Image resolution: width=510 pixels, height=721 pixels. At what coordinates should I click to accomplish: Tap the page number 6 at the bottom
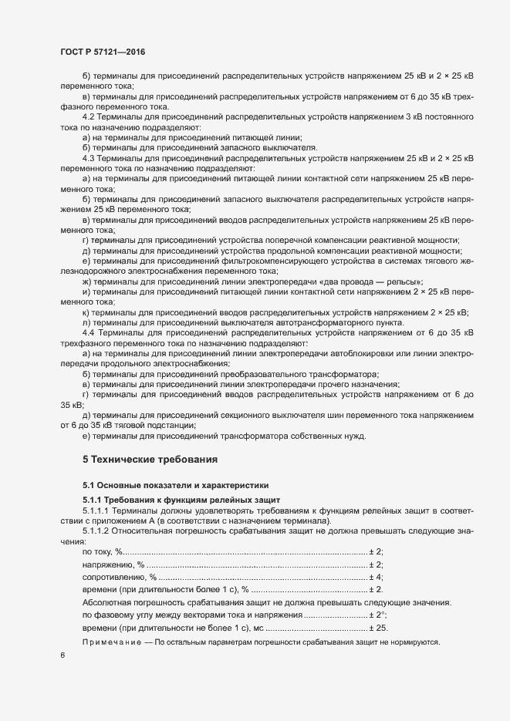click(x=62, y=655)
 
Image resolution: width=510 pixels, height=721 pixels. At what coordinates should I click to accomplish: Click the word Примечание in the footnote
click(x=111, y=642)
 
